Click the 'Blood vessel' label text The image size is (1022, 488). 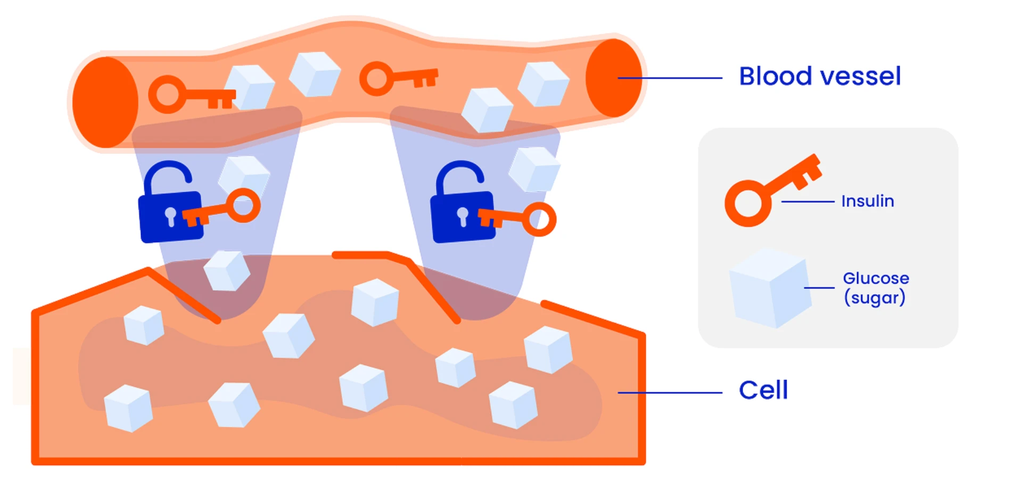pyautogui.click(x=820, y=76)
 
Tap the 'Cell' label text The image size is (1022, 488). pyautogui.click(x=763, y=390)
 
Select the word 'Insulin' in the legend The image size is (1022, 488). pyautogui.click(x=867, y=201)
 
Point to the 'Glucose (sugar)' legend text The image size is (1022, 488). pyautogui.click(x=876, y=288)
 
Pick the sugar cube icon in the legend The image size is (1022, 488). pyautogui.click(x=770, y=287)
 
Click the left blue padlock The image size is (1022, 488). pyautogui.click(x=169, y=213)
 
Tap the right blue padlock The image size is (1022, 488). pyautogui.click(x=461, y=216)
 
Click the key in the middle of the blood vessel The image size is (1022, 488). pyautogui.click(x=397, y=78)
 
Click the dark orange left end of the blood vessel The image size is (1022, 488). pyautogui.click(x=105, y=102)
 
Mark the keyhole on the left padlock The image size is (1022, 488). pyautogui.click(x=170, y=216)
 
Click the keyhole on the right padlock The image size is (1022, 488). pyautogui.click(x=463, y=216)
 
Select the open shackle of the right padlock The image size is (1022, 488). pyautogui.click(x=460, y=176)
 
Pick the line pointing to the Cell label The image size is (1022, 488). pyautogui.click(x=670, y=393)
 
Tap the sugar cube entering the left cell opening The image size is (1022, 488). pyautogui.click(x=227, y=271)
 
